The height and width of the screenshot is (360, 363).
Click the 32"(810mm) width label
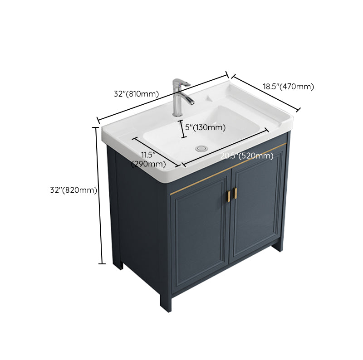136,94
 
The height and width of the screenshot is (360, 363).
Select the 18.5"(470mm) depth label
288,87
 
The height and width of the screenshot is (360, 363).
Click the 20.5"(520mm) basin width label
247,156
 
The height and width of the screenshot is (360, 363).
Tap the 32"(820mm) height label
74,190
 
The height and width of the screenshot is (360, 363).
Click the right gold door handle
235,192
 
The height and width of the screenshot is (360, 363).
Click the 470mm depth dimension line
266,92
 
